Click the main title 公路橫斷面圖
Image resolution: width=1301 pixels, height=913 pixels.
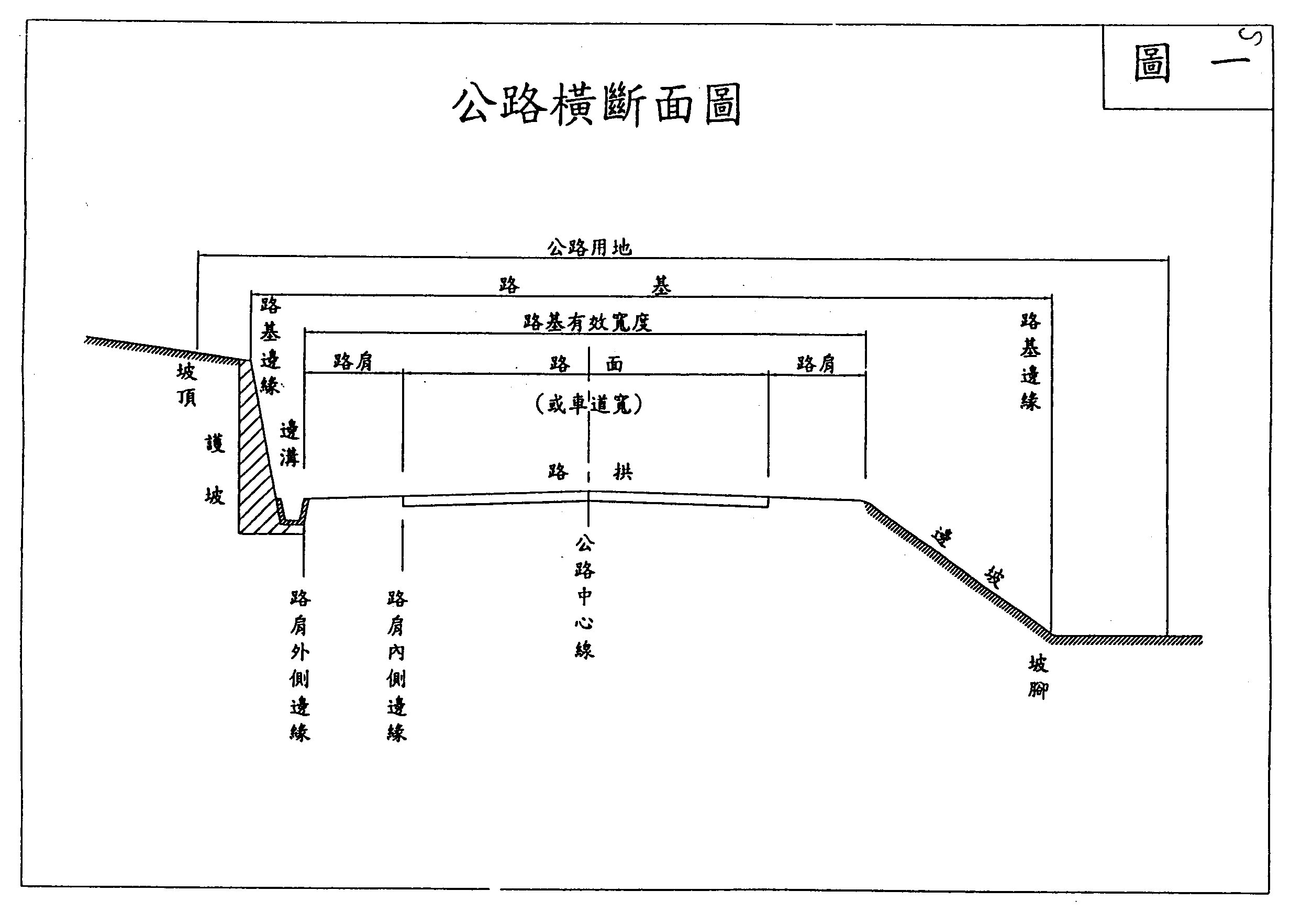[x=597, y=104]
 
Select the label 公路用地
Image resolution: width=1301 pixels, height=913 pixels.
[x=589, y=248]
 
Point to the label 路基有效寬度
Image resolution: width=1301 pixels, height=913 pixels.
[x=587, y=322]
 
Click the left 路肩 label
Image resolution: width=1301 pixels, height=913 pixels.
[x=352, y=362]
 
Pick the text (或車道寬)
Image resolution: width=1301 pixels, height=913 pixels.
[x=589, y=404]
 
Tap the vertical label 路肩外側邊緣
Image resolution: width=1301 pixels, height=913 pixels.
[x=300, y=665]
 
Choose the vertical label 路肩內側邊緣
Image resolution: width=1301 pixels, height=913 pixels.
[x=397, y=665]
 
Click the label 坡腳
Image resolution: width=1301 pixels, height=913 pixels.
[x=1038, y=677]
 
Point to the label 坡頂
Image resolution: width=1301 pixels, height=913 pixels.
[x=186, y=385]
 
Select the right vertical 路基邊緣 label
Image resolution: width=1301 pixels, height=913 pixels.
[x=1030, y=362]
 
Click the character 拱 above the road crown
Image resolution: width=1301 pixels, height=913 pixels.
[x=622, y=472]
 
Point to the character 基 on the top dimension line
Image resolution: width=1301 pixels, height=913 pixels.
[x=661, y=286]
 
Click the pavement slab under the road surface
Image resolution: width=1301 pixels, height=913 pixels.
[x=585, y=502]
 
